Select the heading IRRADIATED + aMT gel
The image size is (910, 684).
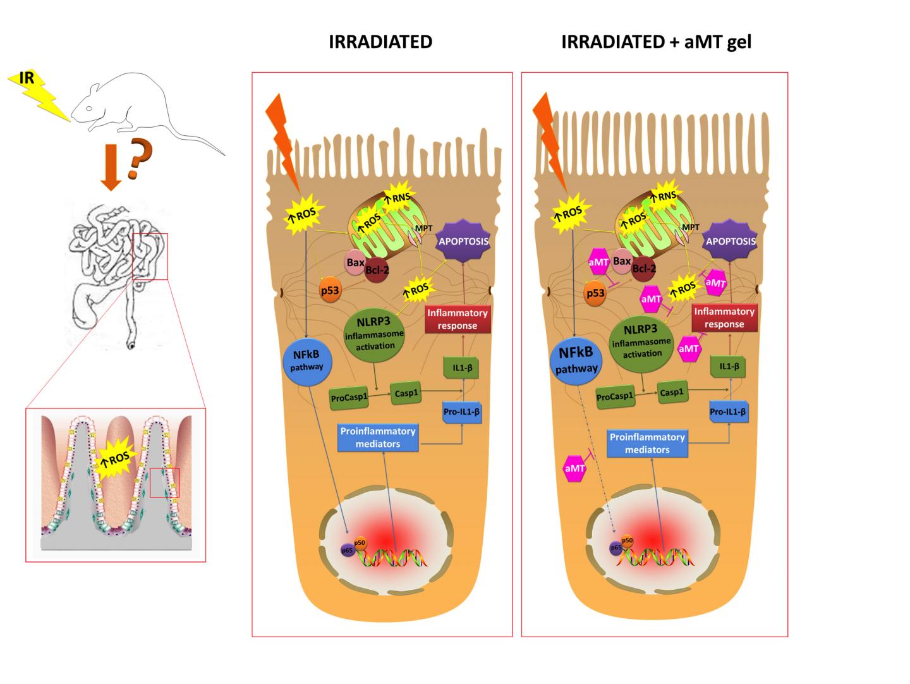[656, 42]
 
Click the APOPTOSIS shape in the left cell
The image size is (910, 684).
[464, 241]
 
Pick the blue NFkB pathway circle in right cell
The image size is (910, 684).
[576, 358]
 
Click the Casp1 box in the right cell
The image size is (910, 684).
[671, 392]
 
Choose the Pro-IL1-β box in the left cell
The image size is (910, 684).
[463, 411]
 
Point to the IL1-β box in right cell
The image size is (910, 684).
[729, 366]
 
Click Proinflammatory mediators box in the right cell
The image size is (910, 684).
[646, 443]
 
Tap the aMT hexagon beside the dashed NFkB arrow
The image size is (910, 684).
[574, 469]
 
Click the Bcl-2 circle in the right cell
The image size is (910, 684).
[643, 269]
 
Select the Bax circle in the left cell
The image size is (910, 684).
[355, 261]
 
